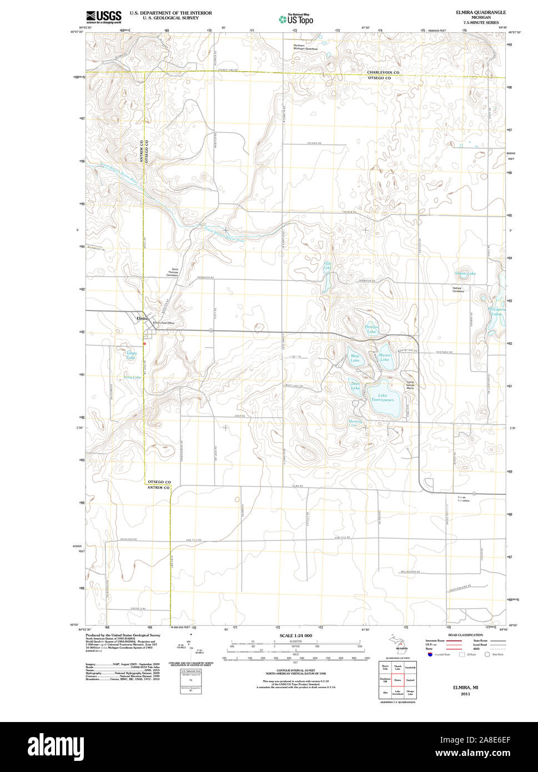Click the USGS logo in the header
104,17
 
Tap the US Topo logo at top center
296,19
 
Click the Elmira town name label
142,318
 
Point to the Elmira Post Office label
164,323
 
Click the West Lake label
355,358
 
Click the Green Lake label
465,273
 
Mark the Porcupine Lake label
496,312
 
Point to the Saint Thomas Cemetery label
172,272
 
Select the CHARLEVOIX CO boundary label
383,73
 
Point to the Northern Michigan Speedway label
306,47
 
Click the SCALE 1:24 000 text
295,635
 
